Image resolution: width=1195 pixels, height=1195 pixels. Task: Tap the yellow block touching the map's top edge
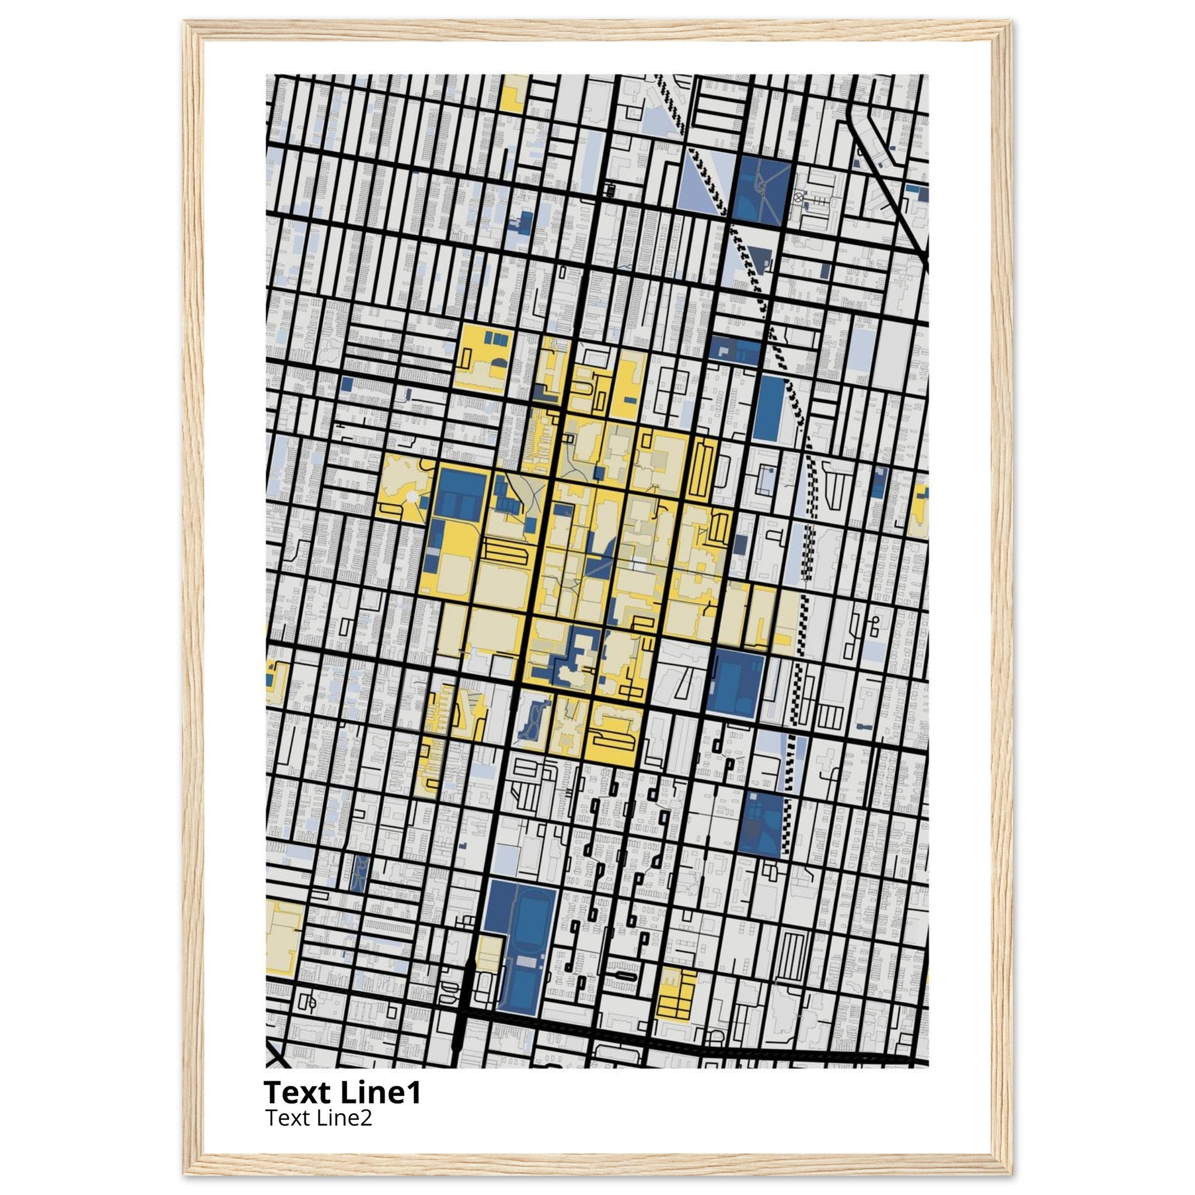(513, 93)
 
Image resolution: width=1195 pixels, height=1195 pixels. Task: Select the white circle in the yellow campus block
(411, 496)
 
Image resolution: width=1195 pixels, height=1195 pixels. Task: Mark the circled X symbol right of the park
(799, 199)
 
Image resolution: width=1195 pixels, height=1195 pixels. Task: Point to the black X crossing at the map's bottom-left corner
(277, 1057)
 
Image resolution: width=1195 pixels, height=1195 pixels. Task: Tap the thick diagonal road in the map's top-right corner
(890, 186)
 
